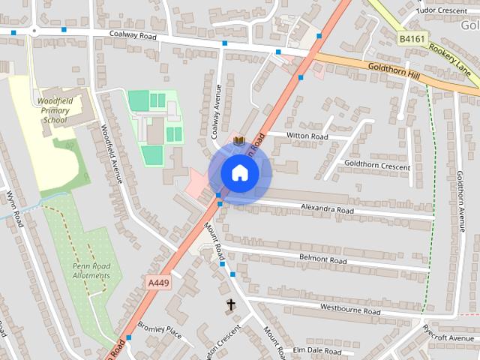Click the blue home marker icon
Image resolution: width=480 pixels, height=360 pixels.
point(239,172)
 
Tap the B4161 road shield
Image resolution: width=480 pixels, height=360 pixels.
point(411,38)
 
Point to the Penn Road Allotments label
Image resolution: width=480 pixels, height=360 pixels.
point(91,271)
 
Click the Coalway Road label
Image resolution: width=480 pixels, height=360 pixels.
point(132,34)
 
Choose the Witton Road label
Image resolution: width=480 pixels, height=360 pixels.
point(308,136)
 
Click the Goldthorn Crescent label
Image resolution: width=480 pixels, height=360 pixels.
point(377,163)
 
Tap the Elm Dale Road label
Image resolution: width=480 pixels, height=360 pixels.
point(317,350)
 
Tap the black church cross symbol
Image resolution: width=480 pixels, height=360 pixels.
point(230,304)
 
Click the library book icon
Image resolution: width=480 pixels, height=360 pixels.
point(238,140)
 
